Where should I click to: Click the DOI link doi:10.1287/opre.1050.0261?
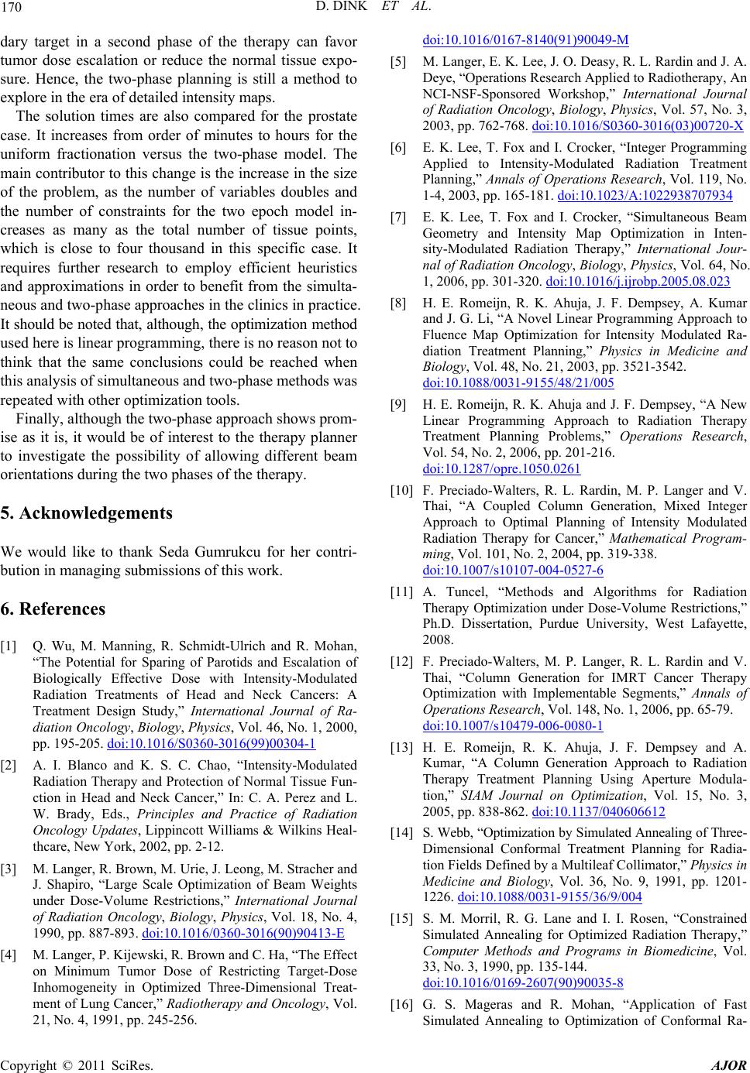[x=501, y=468]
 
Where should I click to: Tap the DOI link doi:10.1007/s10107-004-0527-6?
[x=513, y=569]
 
